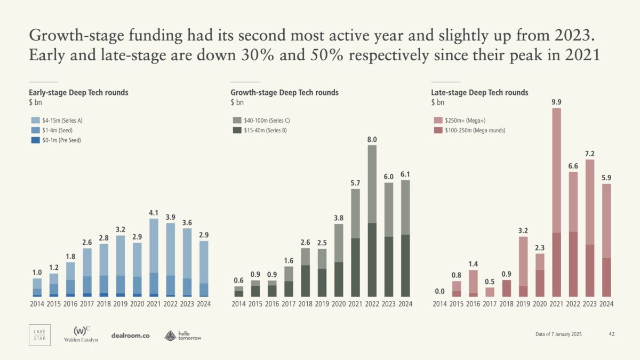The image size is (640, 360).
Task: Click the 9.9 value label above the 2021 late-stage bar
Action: click(x=556, y=102)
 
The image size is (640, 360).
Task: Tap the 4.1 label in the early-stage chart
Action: click(x=154, y=212)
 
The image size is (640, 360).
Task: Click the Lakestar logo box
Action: click(x=39, y=334)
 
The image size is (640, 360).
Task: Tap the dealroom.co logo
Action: click(x=131, y=335)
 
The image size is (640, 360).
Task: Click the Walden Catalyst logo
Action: click(x=81, y=334)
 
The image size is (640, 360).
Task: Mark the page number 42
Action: click(x=612, y=334)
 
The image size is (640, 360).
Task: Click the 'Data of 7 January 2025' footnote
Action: click(x=558, y=334)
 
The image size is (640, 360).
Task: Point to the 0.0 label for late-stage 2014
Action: click(x=439, y=292)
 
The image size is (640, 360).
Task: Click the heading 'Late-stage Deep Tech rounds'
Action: click(x=479, y=92)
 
